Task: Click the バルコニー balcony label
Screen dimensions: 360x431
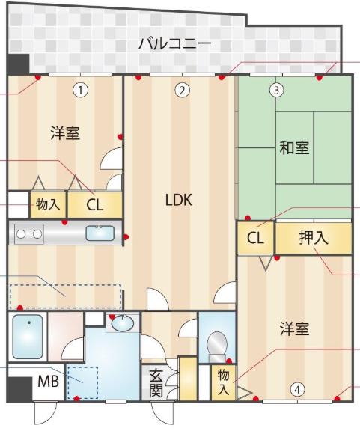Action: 175,44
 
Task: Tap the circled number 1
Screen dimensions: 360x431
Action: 80,90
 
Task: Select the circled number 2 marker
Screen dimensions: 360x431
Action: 183,90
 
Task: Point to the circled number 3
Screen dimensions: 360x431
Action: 276,90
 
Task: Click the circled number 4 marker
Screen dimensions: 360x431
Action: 297,390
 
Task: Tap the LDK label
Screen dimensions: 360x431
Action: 179,200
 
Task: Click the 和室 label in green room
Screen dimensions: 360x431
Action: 294,147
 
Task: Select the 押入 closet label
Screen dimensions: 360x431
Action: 314,237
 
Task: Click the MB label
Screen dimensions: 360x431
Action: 48,382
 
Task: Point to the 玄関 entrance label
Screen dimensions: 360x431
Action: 156,382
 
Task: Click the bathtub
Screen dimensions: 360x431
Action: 28,337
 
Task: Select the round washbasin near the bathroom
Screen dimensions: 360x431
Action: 123,323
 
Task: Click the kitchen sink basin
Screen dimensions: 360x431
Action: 100,233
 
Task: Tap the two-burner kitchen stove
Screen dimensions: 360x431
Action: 29,234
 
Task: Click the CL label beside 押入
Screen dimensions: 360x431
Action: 255,238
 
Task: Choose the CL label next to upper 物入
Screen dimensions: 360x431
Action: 94,205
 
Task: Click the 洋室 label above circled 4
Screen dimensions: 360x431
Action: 295,328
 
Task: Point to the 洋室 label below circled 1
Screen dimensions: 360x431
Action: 65,133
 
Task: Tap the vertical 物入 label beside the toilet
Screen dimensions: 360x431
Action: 223,382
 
